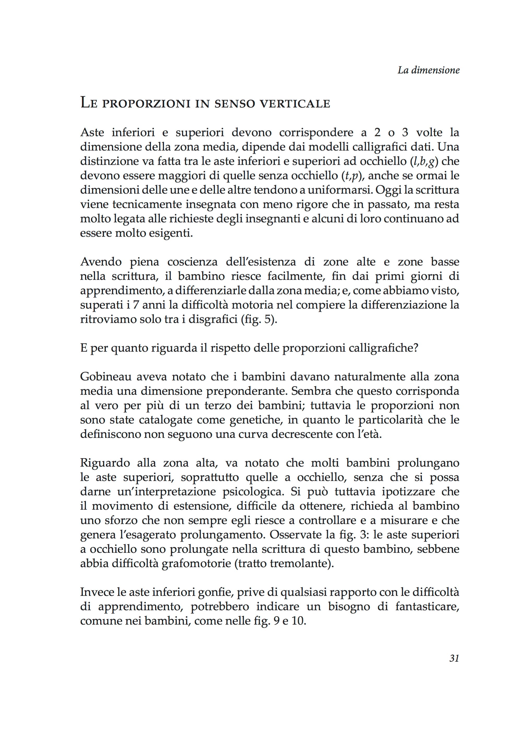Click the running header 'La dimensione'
click(428, 70)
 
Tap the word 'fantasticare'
click(427, 607)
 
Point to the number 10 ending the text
click(298, 621)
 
